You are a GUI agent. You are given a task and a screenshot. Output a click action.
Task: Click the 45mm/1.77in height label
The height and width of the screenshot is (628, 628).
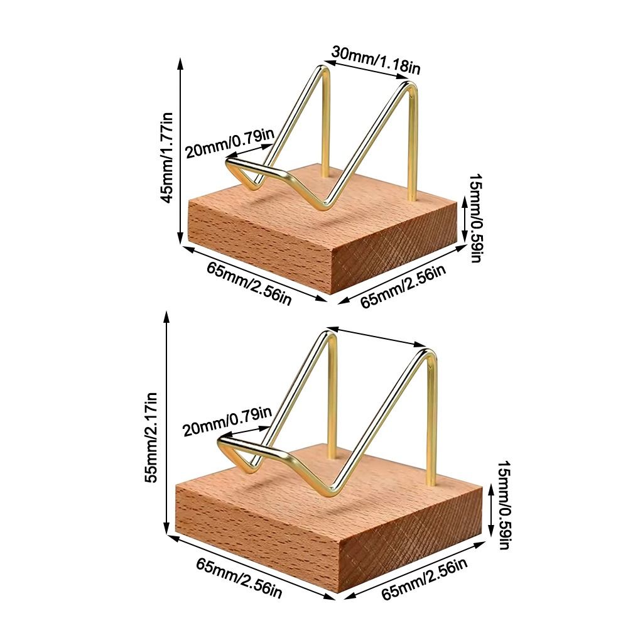(x=168, y=158)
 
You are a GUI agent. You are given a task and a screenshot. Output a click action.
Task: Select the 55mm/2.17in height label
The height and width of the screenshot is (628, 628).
(x=153, y=438)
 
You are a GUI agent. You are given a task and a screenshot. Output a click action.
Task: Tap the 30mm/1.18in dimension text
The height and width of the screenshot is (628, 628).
(x=376, y=62)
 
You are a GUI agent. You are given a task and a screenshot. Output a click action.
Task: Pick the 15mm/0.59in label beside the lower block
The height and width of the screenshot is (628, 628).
(x=504, y=504)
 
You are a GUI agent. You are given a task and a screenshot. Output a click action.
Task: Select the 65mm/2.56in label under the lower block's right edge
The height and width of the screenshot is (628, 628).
(x=424, y=579)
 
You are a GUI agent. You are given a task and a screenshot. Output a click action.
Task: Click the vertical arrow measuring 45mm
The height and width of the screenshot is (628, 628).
(x=180, y=151)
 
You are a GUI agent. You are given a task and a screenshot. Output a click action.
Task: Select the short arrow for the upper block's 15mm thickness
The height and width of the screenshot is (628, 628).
(x=464, y=219)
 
